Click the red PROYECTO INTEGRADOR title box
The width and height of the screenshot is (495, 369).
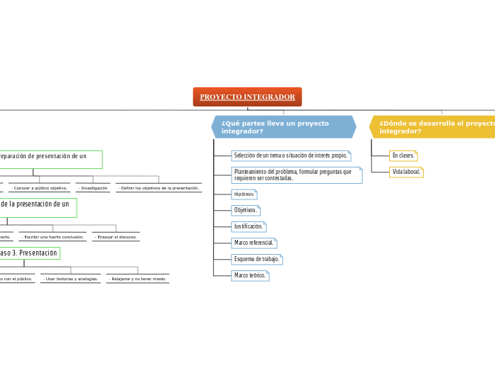247,97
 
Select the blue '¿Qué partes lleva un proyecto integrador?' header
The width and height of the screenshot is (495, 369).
283,127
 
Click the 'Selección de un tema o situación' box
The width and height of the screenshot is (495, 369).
290,155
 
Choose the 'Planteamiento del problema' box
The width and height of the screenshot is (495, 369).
296,175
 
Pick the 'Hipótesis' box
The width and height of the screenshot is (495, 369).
244,194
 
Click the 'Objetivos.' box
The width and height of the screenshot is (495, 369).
246,211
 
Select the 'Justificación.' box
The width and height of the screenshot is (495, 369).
249,227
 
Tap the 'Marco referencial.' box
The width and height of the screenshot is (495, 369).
254,243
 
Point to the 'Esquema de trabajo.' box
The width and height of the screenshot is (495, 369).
256,260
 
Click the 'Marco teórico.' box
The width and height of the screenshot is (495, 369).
250,276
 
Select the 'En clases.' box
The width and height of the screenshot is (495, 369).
403,155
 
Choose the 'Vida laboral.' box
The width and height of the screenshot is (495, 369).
406,172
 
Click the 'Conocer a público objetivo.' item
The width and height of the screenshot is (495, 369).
40,188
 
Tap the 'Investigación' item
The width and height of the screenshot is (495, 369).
93,188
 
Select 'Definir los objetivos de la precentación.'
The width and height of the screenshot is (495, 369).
158,188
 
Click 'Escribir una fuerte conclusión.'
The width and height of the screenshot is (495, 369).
53,237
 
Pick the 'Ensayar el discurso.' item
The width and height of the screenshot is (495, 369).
116,237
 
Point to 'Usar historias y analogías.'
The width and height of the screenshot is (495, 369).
70,279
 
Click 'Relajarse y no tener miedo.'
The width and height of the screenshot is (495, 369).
138,279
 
